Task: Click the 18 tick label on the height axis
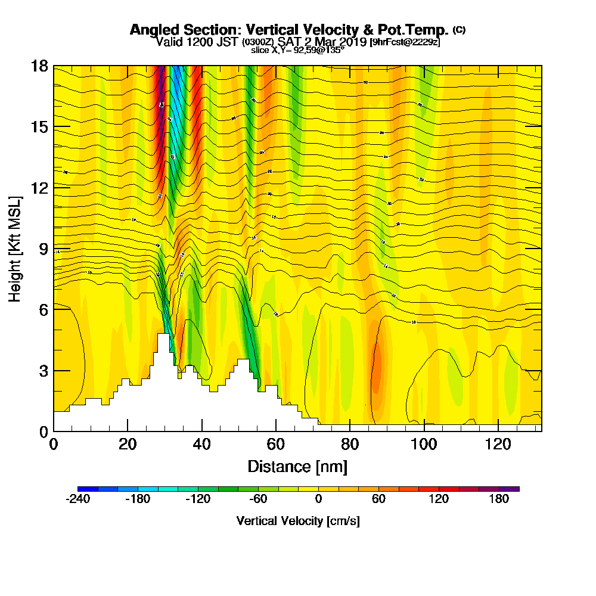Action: (x=39, y=66)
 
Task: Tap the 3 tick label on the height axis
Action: (x=43, y=370)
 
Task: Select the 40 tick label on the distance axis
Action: (x=202, y=444)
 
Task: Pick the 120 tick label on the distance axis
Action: (x=498, y=444)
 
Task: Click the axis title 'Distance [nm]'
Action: (x=297, y=465)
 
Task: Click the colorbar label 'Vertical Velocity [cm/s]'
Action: (x=298, y=521)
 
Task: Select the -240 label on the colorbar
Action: (x=77, y=499)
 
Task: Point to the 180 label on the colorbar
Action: (x=499, y=499)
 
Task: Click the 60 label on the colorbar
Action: (x=378, y=499)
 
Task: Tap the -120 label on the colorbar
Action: (x=198, y=499)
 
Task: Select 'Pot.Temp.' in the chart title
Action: (x=415, y=30)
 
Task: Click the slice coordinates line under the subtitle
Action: (x=297, y=50)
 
